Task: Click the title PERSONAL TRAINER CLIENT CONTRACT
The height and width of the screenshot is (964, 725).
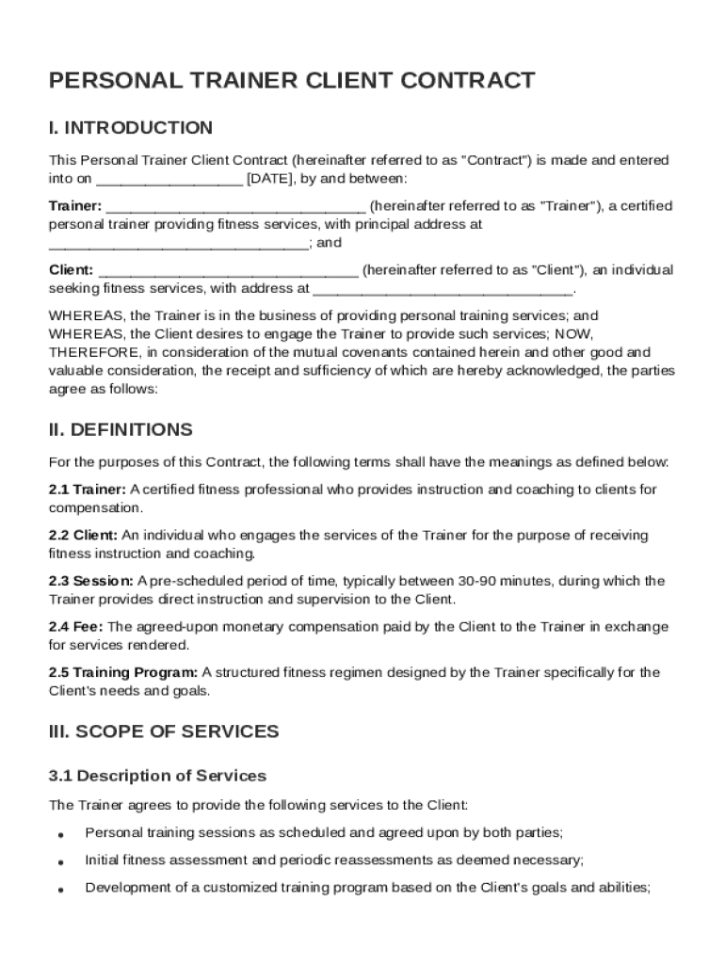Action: click(292, 81)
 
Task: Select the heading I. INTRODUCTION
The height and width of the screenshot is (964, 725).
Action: click(131, 128)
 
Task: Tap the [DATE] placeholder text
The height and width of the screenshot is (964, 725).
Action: click(269, 178)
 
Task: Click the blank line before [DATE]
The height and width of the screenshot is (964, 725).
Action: click(169, 180)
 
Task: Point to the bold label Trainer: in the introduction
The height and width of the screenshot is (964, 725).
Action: click(75, 206)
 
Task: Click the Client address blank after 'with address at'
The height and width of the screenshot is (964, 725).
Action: click(442, 290)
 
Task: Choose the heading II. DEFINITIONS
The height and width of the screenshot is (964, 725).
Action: click(121, 430)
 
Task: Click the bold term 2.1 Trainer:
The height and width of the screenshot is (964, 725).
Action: click(88, 490)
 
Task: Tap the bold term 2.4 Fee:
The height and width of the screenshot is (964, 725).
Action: click(76, 627)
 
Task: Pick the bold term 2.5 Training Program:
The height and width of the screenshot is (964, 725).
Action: click(123, 672)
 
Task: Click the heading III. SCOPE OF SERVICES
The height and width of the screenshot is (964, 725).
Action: click(164, 731)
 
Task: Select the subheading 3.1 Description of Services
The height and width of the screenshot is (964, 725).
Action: click(157, 777)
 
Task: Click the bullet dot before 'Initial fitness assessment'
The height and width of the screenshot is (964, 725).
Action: click(60, 861)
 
